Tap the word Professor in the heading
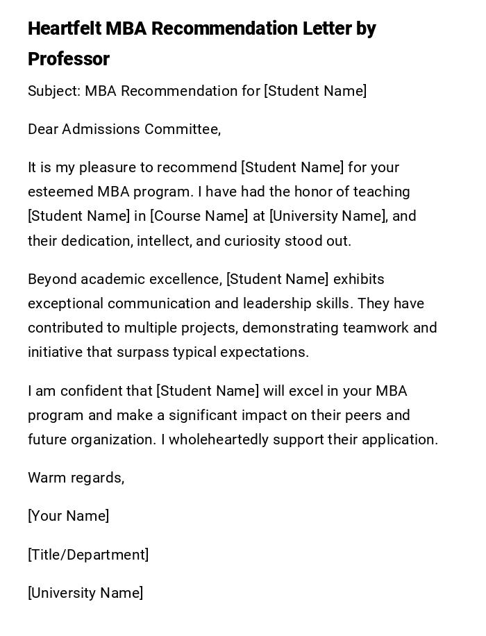(x=69, y=60)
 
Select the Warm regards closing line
(x=76, y=478)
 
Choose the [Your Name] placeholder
(x=68, y=516)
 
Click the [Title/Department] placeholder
(x=88, y=555)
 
